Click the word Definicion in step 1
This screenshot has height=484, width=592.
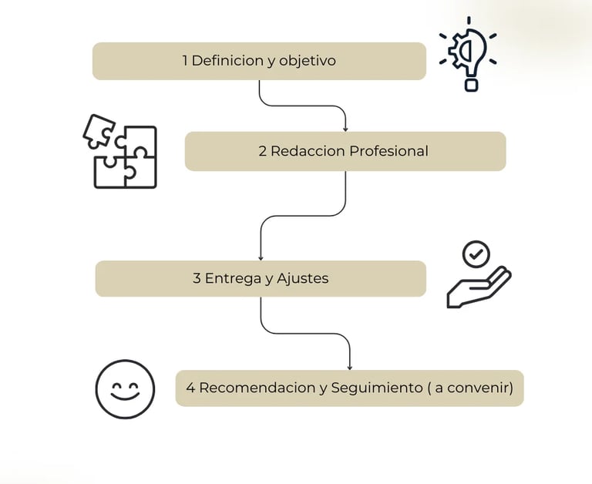[227, 60]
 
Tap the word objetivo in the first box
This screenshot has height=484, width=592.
[308, 61]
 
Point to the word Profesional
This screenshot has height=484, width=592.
[388, 151]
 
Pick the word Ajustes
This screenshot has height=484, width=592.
[302, 279]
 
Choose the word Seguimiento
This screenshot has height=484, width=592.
[377, 388]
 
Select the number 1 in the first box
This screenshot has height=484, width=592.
[185, 60]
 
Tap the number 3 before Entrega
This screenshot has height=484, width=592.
[197, 278]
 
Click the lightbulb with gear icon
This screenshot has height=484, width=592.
[468, 54]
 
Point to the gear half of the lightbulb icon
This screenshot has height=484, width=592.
[458, 51]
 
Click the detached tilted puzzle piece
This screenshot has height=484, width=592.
[99, 131]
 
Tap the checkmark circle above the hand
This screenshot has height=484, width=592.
[476, 254]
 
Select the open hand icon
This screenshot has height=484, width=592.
[479, 289]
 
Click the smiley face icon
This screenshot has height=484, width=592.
[125, 389]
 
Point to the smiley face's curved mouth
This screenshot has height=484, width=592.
[125, 396]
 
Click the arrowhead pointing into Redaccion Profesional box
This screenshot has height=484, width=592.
[345, 129]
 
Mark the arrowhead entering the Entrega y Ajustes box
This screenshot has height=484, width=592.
[261, 258]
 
